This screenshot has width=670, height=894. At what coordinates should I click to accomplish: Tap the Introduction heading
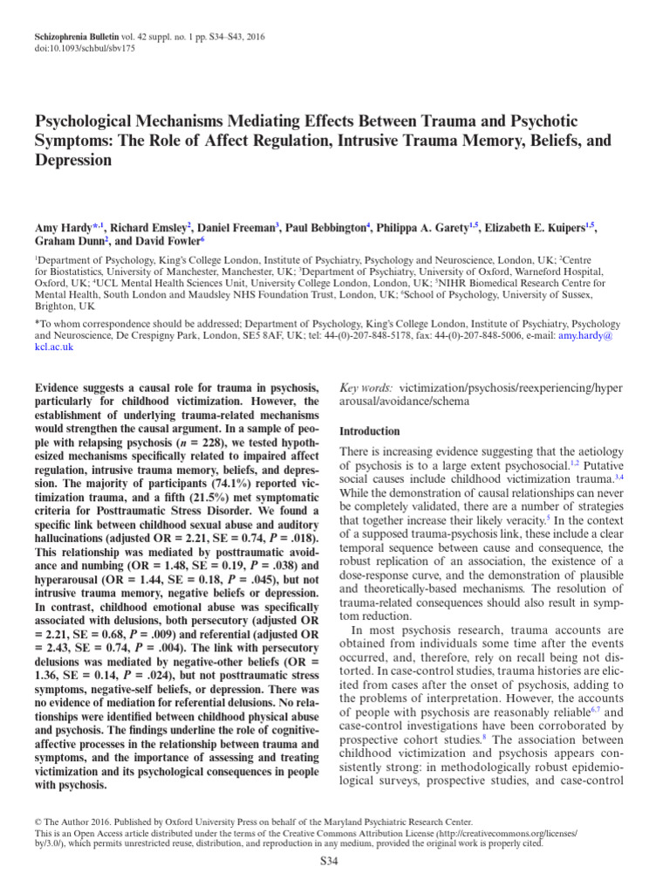(x=369, y=431)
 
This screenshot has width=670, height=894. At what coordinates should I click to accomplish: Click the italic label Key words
(x=365, y=387)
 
